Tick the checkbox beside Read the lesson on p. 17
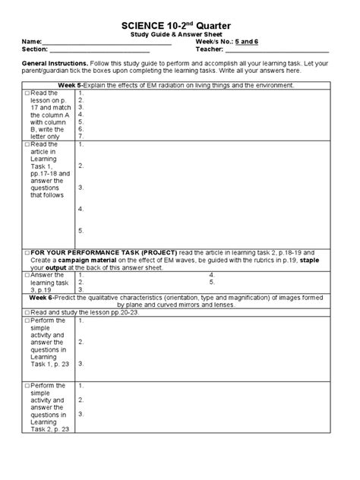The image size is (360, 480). [x=27, y=93]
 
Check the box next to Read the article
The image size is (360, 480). [x=27, y=144]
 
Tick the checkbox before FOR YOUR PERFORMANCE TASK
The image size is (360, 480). [x=27, y=252]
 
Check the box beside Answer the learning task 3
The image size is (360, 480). [x=27, y=275]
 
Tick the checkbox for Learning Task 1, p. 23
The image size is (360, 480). [x=27, y=321]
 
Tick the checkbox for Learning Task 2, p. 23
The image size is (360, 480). [x=27, y=386]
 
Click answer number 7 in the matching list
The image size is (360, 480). [x=81, y=136]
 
